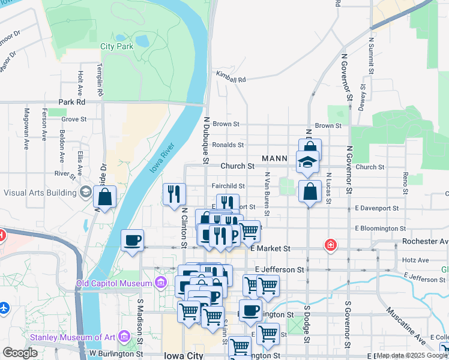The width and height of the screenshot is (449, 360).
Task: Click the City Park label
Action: (116, 46)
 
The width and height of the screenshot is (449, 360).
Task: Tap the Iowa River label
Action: (161, 158)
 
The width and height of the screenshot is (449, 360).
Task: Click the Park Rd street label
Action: (71, 102)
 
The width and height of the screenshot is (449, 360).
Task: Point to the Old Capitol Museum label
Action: (116, 283)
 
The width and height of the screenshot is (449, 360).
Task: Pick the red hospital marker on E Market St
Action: (330, 245)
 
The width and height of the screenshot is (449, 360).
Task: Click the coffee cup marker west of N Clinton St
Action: (132, 240)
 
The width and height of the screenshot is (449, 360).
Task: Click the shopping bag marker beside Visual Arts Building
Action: (105, 196)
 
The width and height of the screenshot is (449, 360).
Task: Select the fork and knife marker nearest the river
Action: (175, 194)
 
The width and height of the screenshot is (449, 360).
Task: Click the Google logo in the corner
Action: (20, 353)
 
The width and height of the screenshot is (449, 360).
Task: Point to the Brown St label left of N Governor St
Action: (328, 125)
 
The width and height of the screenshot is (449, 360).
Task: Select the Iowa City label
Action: (182, 355)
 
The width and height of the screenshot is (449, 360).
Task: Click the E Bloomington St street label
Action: (380, 229)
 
